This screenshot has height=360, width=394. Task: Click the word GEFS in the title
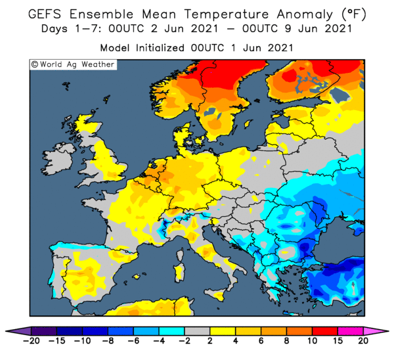click(45, 14)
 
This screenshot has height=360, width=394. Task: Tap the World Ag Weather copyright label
click(73, 64)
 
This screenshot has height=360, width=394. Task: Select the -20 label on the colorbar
click(31, 341)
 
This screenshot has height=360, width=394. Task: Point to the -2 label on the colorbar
click(184, 341)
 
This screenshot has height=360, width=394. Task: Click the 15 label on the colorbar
click(338, 341)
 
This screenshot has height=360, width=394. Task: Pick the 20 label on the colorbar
click(363, 341)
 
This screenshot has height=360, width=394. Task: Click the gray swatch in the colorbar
click(197, 331)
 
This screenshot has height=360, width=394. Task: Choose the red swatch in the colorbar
click(324, 331)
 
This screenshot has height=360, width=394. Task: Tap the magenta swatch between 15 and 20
click(350, 331)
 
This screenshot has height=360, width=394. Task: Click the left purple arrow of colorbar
click(18, 331)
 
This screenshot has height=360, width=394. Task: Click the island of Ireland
click(58, 159)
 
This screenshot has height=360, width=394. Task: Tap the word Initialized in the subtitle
click(160, 48)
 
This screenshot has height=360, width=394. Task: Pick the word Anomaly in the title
click(305, 14)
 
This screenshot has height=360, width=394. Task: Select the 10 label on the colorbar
click(312, 341)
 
